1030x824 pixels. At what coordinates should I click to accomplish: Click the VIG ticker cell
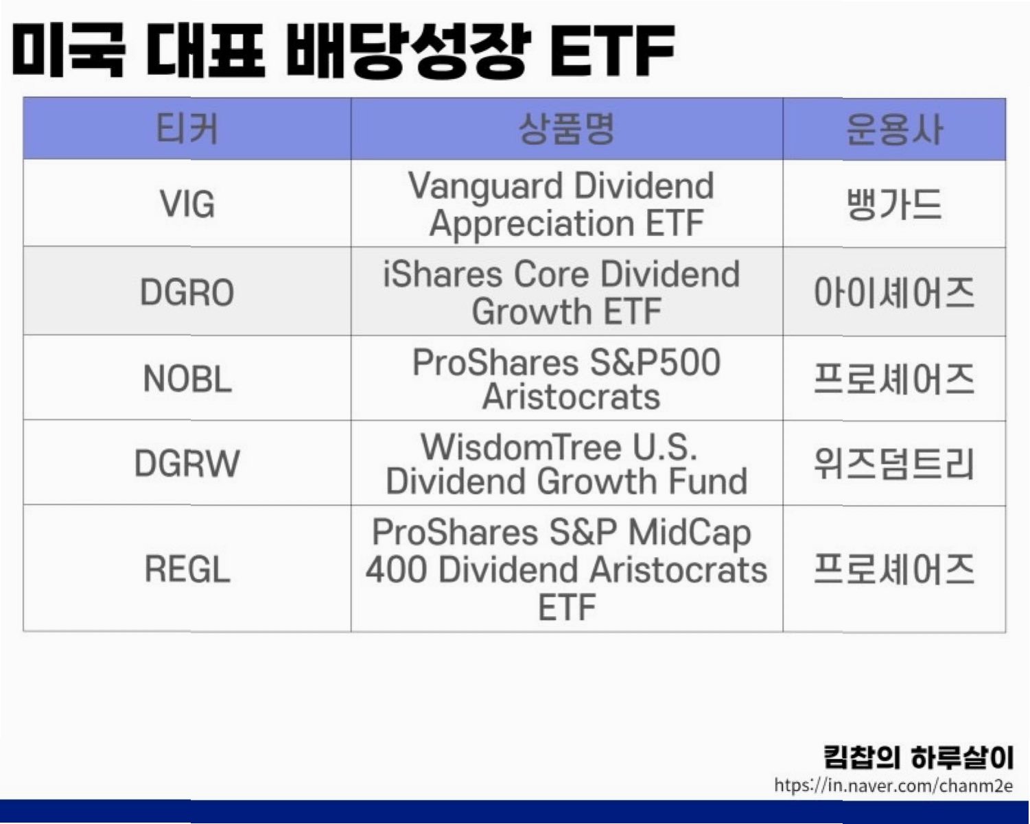187,204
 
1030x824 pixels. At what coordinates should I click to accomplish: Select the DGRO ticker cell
187,292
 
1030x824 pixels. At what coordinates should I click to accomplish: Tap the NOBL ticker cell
187,379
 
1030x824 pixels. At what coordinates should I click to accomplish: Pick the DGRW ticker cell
187,463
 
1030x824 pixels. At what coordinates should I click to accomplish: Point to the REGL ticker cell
187,569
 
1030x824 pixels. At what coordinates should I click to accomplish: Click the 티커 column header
187,129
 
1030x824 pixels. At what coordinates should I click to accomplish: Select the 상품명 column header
567,129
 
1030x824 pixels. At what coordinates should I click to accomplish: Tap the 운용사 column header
894,129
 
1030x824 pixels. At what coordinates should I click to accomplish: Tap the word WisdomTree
522,447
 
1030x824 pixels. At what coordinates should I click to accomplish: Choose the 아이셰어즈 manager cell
894,292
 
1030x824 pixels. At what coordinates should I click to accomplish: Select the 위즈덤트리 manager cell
894,464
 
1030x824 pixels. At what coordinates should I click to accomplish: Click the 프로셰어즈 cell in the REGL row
894,569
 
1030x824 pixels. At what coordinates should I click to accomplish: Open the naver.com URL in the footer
893,786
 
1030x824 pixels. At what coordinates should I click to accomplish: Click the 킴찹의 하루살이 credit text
918,757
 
